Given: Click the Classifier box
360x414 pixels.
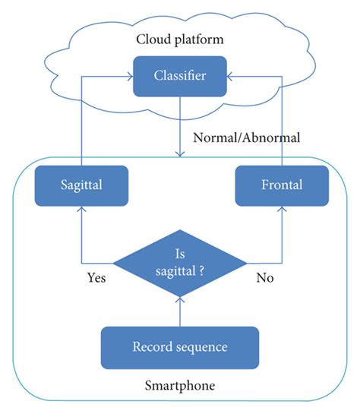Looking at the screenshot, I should tap(179, 75).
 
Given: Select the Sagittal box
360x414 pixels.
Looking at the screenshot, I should tap(80, 184).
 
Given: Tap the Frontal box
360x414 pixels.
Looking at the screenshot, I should tap(282, 184).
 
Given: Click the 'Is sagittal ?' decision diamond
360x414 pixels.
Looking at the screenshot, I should tap(179, 263).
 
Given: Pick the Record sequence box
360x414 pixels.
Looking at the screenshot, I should tap(180, 347).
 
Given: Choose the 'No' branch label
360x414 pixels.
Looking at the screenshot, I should tap(264, 278).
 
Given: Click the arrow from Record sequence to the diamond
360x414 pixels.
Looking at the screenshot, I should tap(180, 311).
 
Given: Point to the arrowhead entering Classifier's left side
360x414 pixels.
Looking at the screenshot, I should tap(128, 75).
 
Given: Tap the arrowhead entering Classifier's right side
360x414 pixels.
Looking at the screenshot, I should tap(231, 75).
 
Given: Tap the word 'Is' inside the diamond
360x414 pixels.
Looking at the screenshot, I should tap(180, 254).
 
